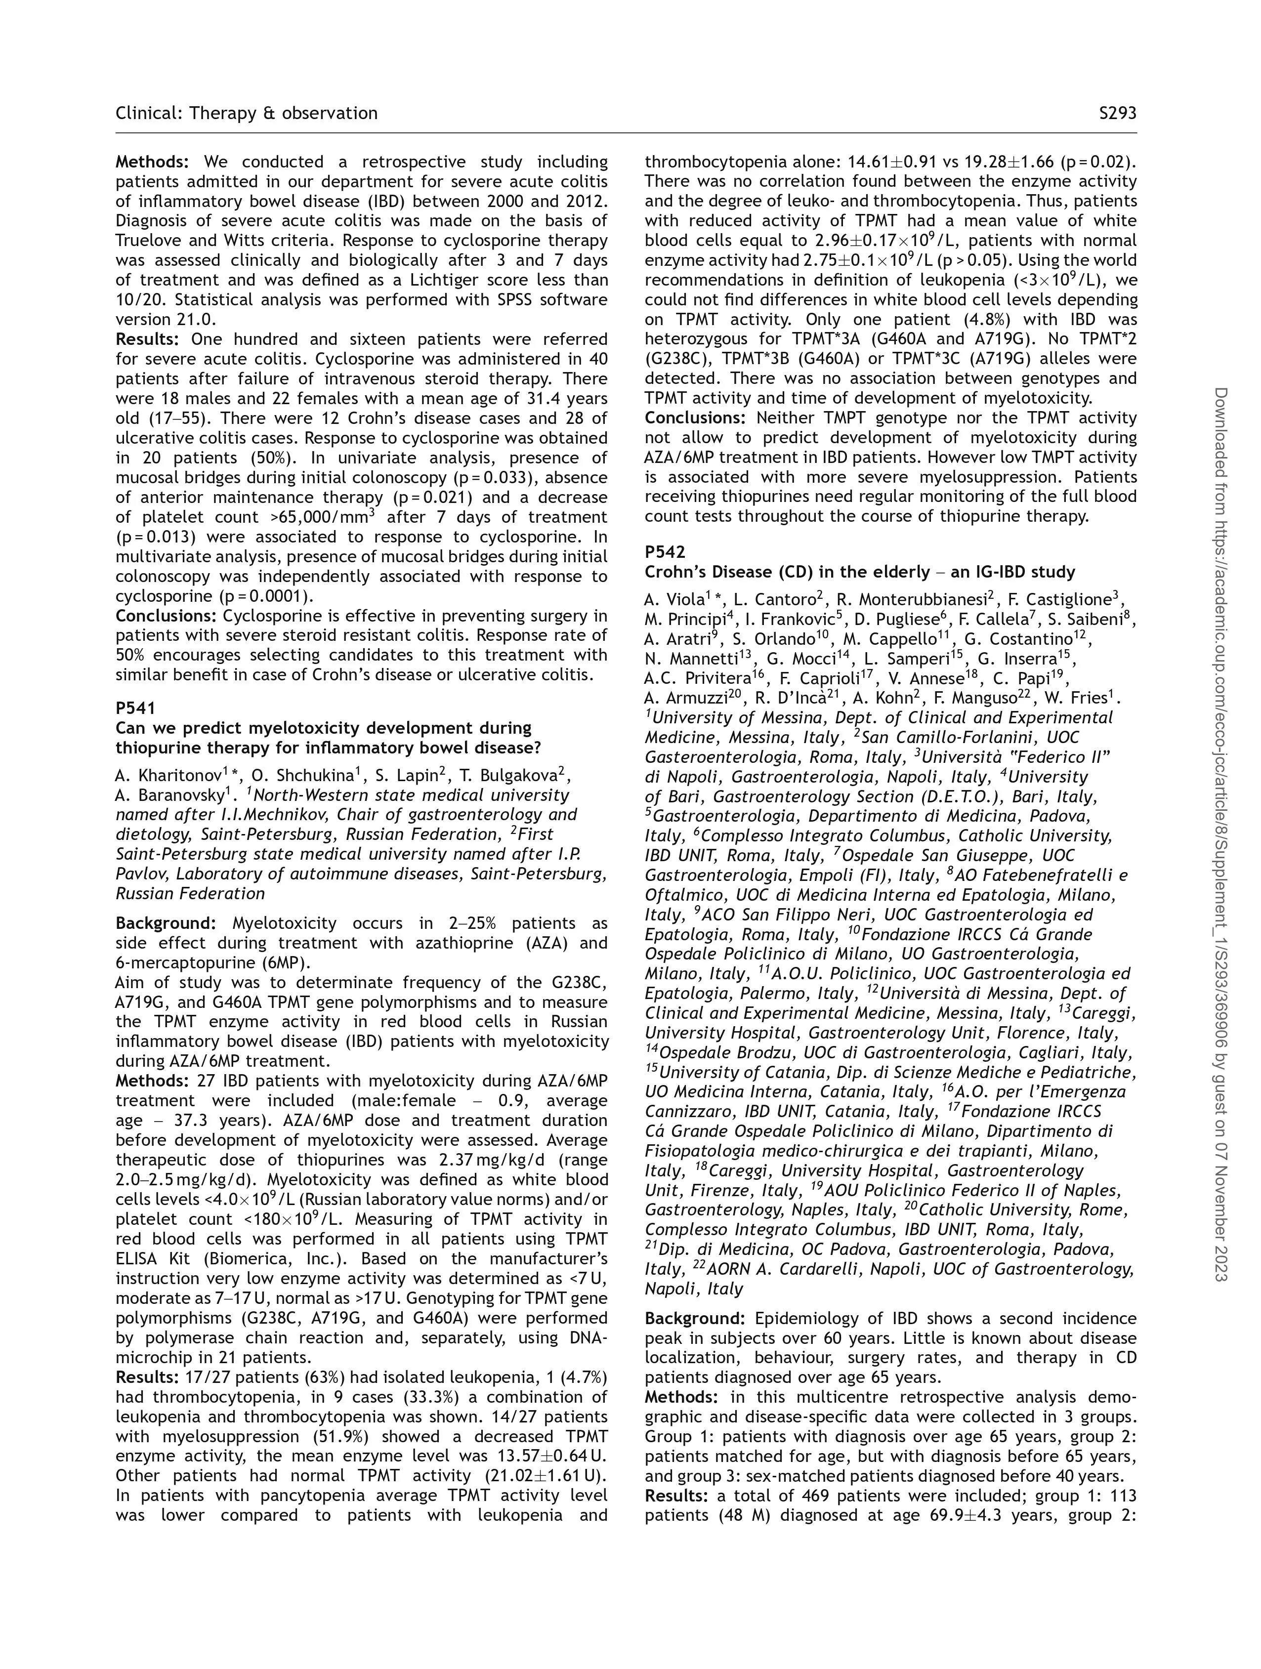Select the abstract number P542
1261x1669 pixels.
pyautogui.click(x=665, y=551)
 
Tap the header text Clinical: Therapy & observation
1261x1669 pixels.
pyautogui.click(x=246, y=113)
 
